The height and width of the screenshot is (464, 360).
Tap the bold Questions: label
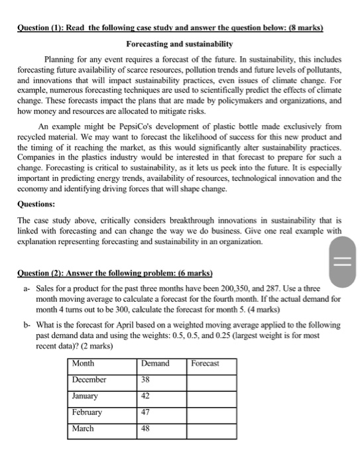point(38,205)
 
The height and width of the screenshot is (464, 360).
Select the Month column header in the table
point(84,363)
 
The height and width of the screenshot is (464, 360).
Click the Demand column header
point(156,363)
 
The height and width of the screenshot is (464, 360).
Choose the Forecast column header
point(205,363)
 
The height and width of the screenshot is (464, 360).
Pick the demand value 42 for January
point(147,396)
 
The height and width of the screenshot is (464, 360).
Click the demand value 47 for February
point(147,412)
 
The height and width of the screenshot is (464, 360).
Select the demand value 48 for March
point(147,428)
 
